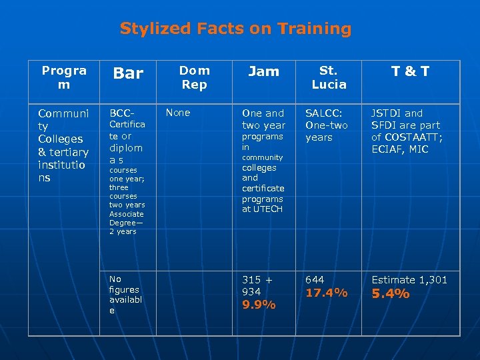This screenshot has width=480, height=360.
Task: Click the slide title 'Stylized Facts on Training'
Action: pyautogui.click(x=235, y=29)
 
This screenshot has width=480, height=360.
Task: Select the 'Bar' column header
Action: pyautogui.click(x=128, y=73)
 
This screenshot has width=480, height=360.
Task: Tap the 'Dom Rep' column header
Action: pyautogui.click(x=195, y=77)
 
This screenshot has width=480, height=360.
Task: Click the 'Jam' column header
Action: pyautogui.click(x=263, y=71)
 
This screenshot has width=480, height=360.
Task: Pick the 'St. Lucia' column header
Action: pyautogui.click(x=329, y=77)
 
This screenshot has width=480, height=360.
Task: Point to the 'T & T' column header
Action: pyautogui.click(x=410, y=72)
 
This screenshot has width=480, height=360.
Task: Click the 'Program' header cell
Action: pyautogui.click(x=64, y=77)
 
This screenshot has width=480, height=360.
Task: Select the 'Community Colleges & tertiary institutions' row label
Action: pyautogui.click(x=63, y=145)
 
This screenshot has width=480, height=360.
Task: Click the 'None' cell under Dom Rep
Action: pyautogui.click(x=178, y=113)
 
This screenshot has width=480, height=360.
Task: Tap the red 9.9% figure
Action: pyautogui.click(x=259, y=305)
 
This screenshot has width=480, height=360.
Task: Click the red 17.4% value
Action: pyautogui.click(x=326, y=293)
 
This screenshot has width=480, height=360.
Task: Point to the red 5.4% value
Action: pyautogui.click(x=390, y=294)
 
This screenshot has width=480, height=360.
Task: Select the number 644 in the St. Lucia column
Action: pyautogui.click(x=315, y=280)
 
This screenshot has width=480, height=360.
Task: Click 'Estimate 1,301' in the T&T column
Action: pyautogui.click(x=409, y=280)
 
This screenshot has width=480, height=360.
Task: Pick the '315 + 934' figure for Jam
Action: pyautogui.click(x=257, y=286)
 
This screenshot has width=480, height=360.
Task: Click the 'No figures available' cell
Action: pyautogui.click(x=124, y=295)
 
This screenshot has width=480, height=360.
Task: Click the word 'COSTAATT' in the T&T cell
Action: pyautogui.click(x=413, y=137)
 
